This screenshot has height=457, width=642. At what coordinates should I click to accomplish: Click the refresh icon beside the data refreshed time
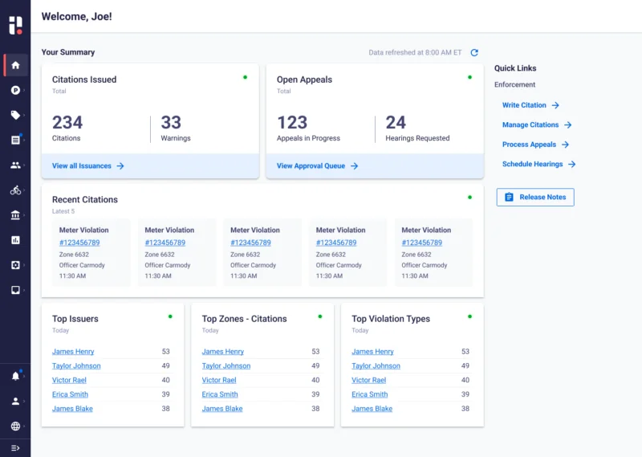point(474,52)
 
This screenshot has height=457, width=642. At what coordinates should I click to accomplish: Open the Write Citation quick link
point(530,105)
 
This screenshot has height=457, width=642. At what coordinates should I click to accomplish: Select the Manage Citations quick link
point(537,125)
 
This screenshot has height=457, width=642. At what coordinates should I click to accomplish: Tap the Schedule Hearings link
point(538,164)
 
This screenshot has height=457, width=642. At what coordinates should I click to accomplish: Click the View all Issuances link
point(87,166)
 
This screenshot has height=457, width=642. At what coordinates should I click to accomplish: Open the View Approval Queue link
point(317,166)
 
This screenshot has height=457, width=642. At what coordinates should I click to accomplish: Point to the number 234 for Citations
point(67,122)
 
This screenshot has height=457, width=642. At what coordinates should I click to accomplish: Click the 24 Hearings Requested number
point(396,122)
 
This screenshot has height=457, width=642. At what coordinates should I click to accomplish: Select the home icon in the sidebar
point(15,65)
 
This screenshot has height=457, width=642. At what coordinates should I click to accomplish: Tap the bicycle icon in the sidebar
point(15,190)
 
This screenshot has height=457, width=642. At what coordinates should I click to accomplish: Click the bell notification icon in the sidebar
point(15,376)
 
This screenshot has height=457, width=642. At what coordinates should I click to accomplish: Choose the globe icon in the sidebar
point(15,426)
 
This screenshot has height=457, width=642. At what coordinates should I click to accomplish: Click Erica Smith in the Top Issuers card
point(70,394)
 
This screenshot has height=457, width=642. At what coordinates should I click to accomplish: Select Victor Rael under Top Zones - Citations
point(219,380)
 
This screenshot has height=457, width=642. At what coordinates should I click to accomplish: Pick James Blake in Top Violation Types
point(372,409)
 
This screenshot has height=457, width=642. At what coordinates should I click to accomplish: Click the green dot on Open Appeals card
point(469,77)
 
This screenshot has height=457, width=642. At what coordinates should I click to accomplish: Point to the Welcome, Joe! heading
point(76,16)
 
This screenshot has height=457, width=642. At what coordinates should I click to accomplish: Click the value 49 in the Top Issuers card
point(165,365)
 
